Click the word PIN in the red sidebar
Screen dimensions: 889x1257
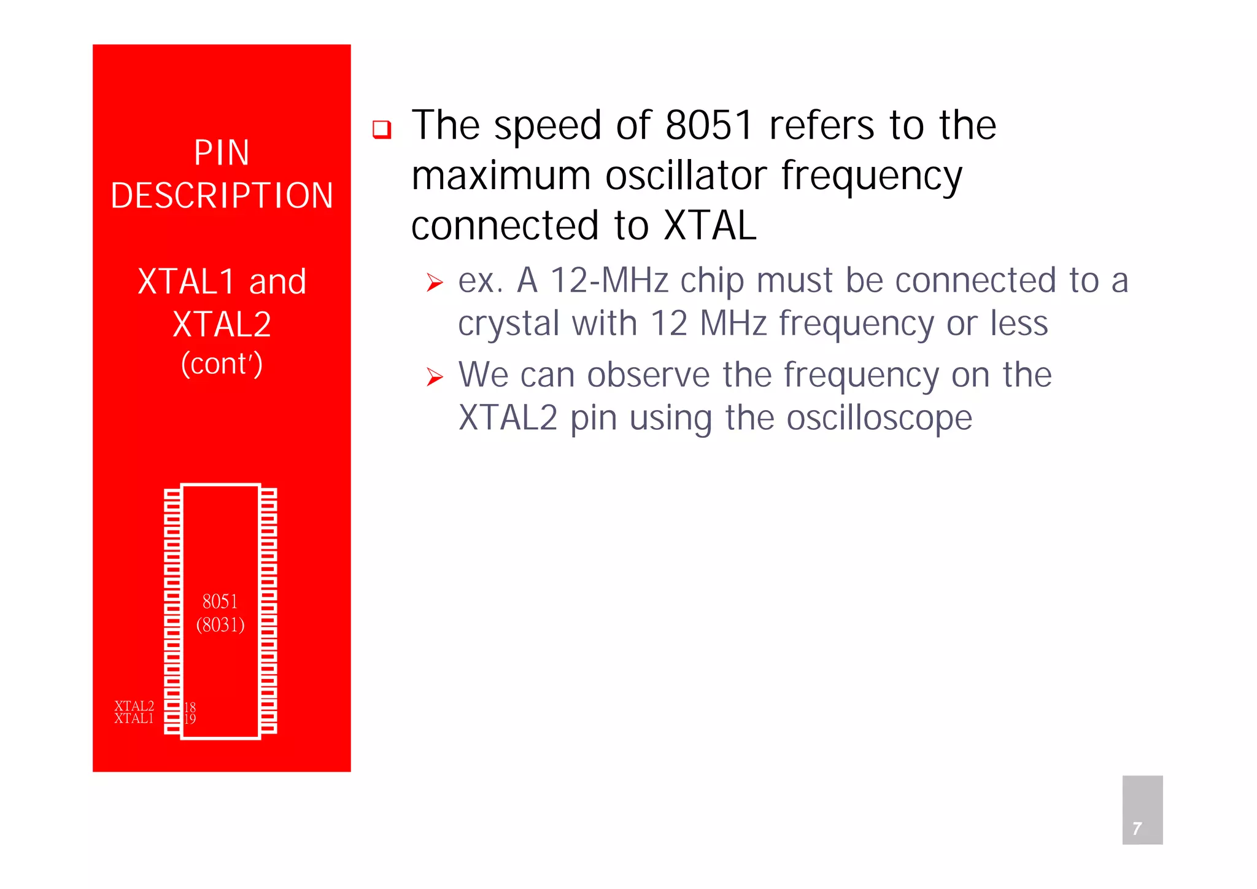click(x=222, y=152)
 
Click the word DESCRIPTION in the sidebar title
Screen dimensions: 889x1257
click(x=222, y=196)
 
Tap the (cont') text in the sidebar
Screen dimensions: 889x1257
click(x=222, y=363)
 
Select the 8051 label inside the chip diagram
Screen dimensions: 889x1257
click(x=220, y=601)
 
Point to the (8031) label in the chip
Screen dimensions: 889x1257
click(x=220, y=625)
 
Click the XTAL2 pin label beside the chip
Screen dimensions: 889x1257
click(x=134, y=706)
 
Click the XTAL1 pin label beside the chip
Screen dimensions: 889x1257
click(x=134, y=718)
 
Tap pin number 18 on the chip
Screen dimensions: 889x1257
click(x=190, y=707)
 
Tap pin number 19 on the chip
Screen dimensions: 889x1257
click(x=190, y=719)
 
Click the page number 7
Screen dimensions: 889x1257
click(x=1137, y=829)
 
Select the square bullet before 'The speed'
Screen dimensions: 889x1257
click(x=382, y=130)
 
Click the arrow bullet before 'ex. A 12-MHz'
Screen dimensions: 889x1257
click(x=435, y=283)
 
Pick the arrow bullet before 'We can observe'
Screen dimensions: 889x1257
click(x=435, y=377)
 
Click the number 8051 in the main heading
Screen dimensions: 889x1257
click(x=709, y=125)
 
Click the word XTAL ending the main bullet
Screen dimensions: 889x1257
click(x=710, y=225)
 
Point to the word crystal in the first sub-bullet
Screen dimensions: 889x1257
click(x=509, y=324)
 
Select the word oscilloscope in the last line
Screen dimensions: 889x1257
click(x=879, y=418)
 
